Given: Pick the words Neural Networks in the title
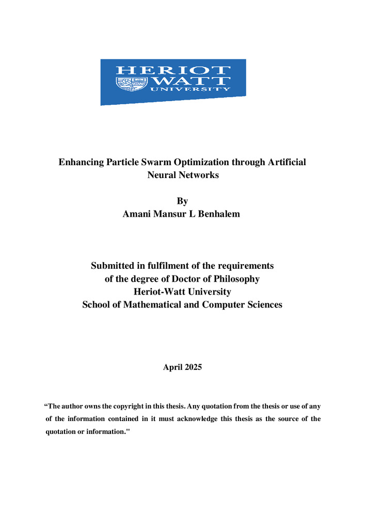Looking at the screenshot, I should (183, 175).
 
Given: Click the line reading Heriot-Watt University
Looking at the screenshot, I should (182, 292).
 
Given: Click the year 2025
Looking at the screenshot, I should (192, 367).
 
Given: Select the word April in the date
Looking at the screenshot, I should (172, 367).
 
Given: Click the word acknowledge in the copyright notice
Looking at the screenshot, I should (194, 419).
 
